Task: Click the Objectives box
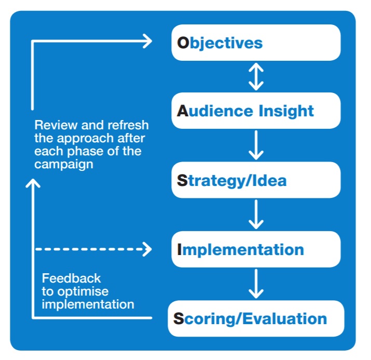[256, 43]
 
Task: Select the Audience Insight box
[256, 111]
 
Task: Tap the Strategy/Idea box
[256, 180]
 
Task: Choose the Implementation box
[256, 249]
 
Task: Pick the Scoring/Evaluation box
[256, 318]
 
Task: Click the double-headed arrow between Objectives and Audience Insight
[256, 76]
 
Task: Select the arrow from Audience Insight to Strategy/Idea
[256, 145]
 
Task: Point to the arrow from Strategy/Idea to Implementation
[256, 215]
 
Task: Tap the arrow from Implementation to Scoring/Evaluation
[256, 284]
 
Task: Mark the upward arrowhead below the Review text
[33, 184]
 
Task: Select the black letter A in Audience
[182, 111]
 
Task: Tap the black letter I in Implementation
[180, 250]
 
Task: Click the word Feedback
[72, 278]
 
